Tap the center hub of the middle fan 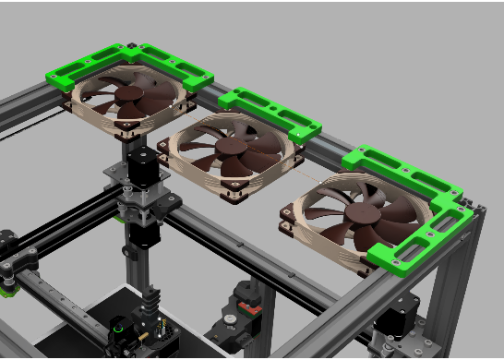tap(231, 150)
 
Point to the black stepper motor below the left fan tap(142, 165)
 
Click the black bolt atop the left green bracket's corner tap(135, 46)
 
